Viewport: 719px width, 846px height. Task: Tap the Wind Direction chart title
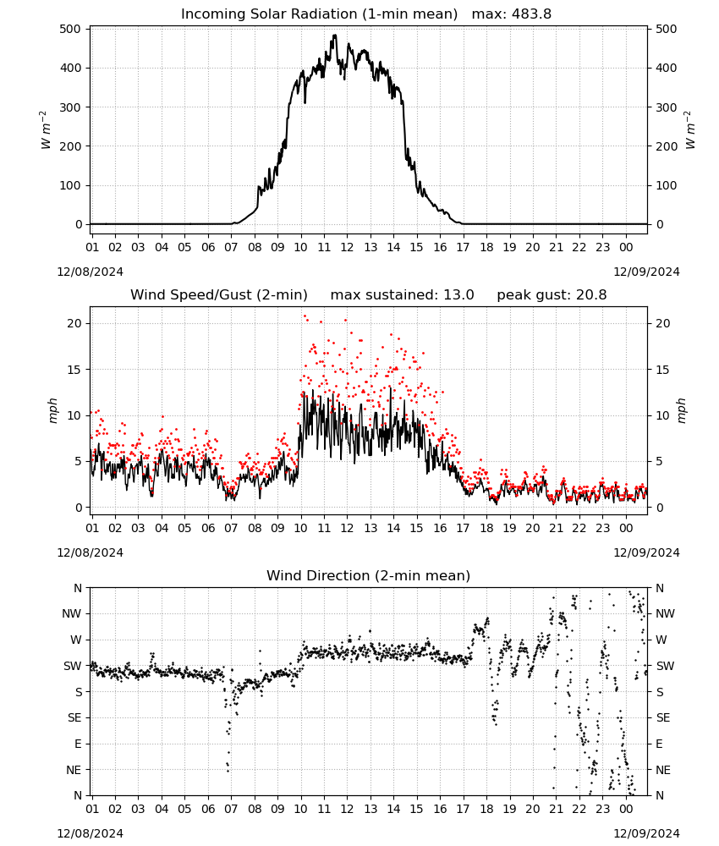click(369, 575)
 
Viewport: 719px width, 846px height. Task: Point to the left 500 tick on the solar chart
click(70, 29)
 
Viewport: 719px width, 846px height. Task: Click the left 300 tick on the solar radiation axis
click(70, 107)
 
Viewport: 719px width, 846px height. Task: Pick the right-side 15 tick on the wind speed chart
click(662, 370)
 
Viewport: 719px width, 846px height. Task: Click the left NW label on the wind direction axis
click(72, 614)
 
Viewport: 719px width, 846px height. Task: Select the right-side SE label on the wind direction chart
click(663, 717)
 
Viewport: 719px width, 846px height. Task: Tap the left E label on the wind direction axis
click(78, 744)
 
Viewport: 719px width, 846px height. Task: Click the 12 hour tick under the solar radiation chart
click(347, 247)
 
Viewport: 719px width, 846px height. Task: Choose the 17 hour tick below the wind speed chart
click(463, 528)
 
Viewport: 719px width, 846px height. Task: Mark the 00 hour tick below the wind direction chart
click(626, 809)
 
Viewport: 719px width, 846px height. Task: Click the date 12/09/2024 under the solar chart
click(646, 272)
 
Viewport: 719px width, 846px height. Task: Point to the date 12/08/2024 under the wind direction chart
click(90, 833)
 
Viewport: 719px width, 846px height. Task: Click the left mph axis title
click(52, 410)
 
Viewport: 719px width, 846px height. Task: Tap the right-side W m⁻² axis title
click(690, 130)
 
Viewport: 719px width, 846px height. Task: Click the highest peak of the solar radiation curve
click(335, 36)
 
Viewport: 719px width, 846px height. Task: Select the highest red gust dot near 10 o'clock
click(305, 316)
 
